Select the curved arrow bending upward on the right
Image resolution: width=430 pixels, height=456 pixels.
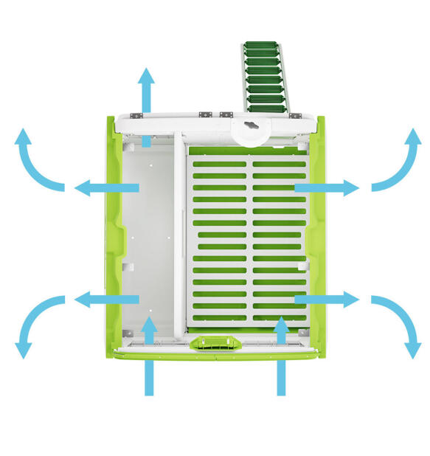coord(398,164)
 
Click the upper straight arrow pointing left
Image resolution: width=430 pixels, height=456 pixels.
coord(107,188)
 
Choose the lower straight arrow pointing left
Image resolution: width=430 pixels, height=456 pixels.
coord(107,300)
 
